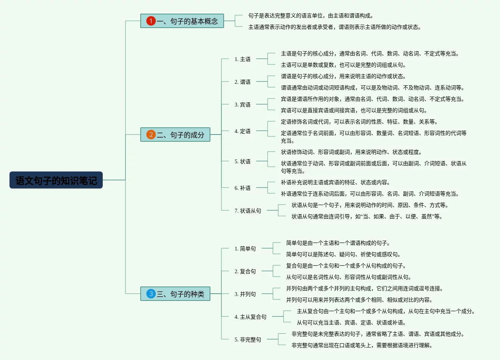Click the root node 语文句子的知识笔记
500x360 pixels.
tap(56, 180)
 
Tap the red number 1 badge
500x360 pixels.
tap(151, 21)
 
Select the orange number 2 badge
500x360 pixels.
tap(151, 135)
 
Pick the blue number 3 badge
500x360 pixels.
tap(151, 294)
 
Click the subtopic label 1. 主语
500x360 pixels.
tap(242, 59)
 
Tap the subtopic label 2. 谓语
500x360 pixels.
tap(242, 82)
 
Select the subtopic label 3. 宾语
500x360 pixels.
tap(242, 105)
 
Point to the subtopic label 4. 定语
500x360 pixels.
tap(242, 131)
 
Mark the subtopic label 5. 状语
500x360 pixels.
tap(242, 161)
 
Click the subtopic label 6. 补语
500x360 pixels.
tap(242, 188)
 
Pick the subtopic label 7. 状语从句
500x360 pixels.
tap(248, 211)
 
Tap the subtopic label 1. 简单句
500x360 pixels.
tap(245, 249)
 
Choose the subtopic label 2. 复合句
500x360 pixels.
tap(245, 271)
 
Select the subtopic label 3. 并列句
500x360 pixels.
tap(245, 294)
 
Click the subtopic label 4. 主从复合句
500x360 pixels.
tap(250, 317)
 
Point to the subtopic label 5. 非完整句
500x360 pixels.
tap(248, 340)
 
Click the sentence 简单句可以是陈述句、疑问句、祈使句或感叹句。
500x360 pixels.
tap(343, 254)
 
